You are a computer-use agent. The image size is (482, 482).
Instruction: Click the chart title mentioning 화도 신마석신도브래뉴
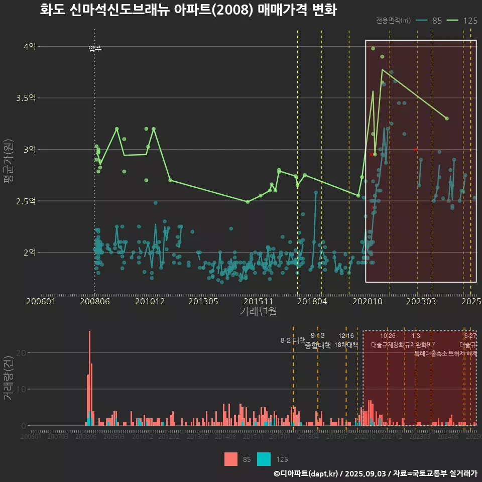coord(188,10)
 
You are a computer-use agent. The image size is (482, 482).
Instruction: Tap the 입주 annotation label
coord(95,49)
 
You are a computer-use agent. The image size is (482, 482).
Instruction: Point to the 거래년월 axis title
coord(258,312)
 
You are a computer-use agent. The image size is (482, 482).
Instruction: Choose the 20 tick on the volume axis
coord(20,352)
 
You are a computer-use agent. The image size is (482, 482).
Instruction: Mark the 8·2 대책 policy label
coord(293,340)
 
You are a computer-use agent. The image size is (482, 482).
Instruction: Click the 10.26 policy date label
coord(388,336)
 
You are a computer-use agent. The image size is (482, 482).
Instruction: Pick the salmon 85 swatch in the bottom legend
coord(230,459)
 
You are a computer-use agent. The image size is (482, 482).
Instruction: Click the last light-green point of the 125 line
coord(447,118)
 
